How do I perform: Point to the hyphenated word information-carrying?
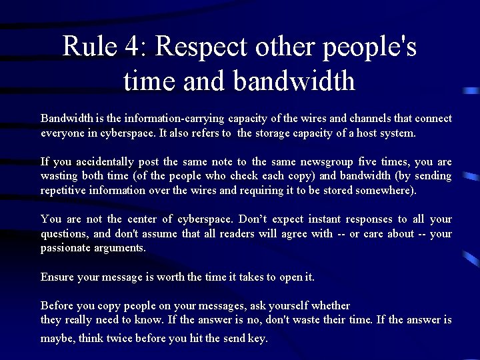point(171,119)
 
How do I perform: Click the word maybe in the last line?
point(57,339)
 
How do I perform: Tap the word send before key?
point(235,339)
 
